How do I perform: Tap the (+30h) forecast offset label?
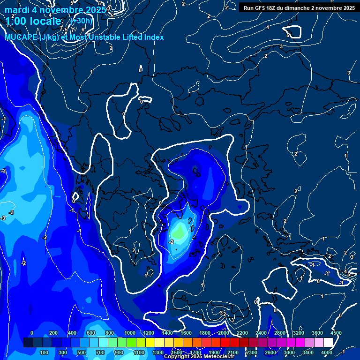pos(82,21)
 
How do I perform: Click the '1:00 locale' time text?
pos(33,21)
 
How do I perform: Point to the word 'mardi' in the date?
pos(16,10)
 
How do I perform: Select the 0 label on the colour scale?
pos(31,333)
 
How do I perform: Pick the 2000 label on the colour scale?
pos(223,333)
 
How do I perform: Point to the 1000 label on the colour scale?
pos(129,333)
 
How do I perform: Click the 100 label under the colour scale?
pos(45,352)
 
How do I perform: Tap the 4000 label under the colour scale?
pos(327,352)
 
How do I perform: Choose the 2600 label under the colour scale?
pos(270,352)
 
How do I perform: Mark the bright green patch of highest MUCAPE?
pos(179,232)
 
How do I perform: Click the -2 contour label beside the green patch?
pos(171,242)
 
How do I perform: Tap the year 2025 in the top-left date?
pos(95,10)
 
